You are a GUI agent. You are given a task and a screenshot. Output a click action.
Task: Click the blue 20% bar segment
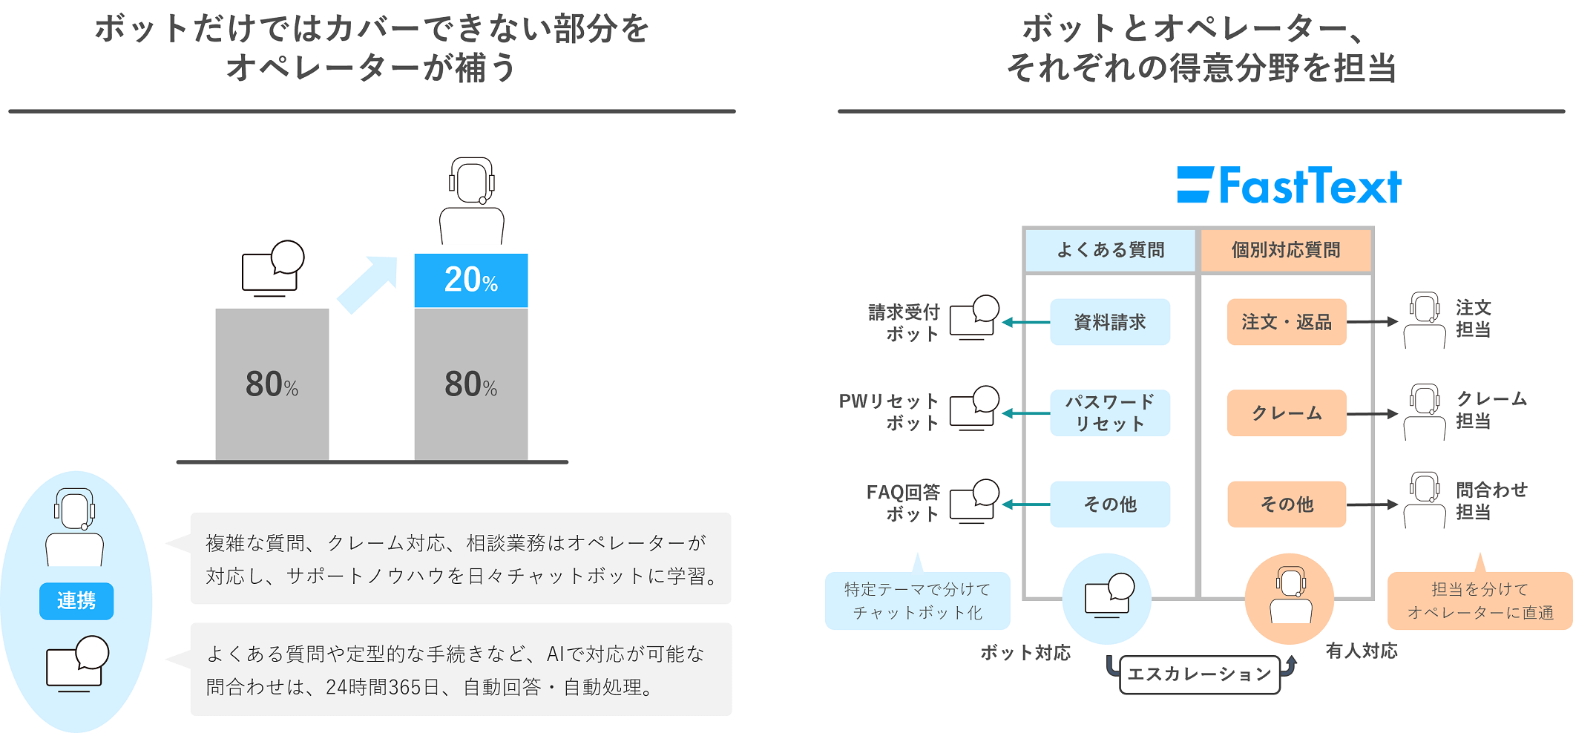(x=471, y=280)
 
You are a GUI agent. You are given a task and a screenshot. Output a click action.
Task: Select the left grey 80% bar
(x=272, y=384)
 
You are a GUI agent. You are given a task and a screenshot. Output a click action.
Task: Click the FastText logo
(x=1290, y=185)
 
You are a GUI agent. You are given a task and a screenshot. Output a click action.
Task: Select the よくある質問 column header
(x=1110, y=250)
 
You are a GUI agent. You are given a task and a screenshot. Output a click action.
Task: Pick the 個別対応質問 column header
(x=1286, y=250)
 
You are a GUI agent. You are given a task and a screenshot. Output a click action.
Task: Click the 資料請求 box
(x=1110, y=322)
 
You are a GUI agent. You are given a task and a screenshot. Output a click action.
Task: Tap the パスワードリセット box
(x=1110, y=413)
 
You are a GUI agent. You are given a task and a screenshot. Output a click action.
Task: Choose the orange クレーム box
(x=1287, y=413)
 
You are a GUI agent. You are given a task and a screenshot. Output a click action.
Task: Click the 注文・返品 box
(x=1287, y=322)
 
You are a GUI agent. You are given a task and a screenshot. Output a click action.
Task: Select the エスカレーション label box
(x=1200, y=674)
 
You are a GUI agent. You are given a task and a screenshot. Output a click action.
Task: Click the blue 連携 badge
(x=76, y=601)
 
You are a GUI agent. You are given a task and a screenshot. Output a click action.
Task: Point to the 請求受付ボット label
(x=904, y=323)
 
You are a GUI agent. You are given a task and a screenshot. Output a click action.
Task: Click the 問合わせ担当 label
(x=1491, y=501)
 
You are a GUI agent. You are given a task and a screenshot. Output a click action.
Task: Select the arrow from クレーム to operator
(x=1372, y=414)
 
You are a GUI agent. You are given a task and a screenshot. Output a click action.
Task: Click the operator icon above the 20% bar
(x=472, y=200)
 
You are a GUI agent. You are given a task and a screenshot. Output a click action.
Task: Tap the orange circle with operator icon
(x=1290, y=599)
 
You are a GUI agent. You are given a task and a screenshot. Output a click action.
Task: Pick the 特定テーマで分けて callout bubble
(x=917, y=601)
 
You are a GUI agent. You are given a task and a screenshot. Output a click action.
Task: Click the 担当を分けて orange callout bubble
(x=1480, y=601)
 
